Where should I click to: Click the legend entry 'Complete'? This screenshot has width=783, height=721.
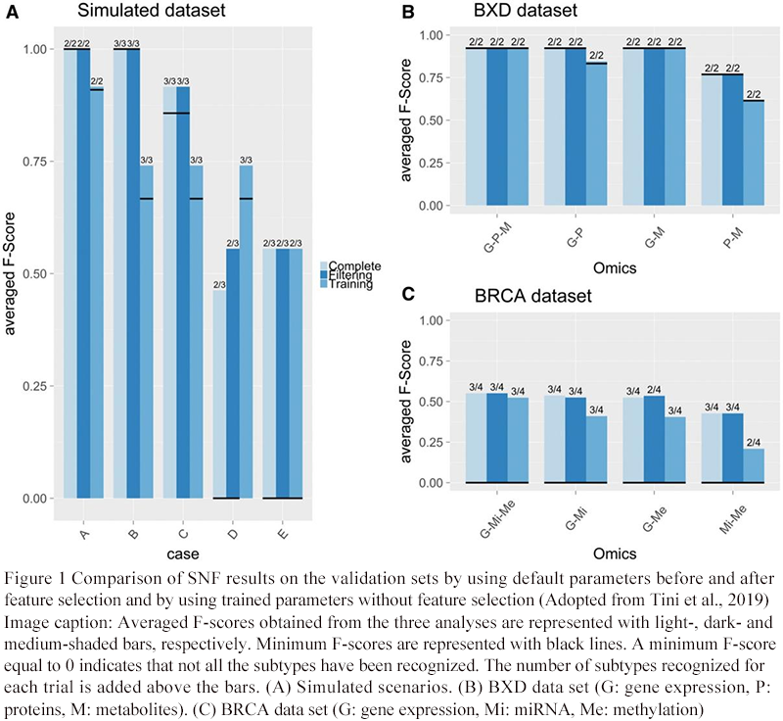point(355,266)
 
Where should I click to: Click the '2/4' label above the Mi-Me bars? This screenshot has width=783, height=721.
point(754,442)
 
